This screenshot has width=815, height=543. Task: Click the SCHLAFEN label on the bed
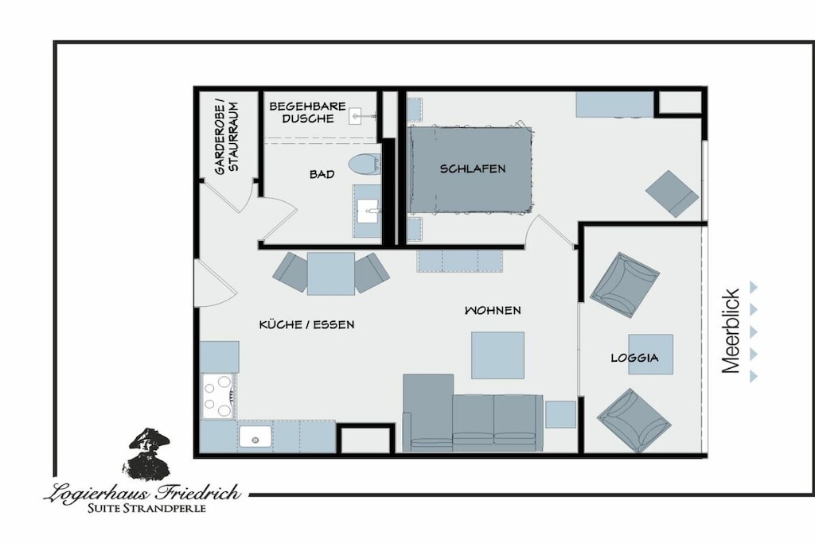click(473, 169)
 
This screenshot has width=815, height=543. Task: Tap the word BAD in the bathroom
click(322, 174)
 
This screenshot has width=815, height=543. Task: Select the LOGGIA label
click(634, 358)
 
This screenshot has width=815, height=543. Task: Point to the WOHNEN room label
click(492, 310)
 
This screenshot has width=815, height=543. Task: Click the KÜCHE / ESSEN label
click(306, 325)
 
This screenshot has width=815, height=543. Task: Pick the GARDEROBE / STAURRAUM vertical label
click(227, 138)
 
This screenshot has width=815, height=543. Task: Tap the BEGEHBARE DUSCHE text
click(308, 112)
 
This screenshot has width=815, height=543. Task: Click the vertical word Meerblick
click(731, 332)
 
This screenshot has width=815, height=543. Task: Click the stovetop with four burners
click(218, 397)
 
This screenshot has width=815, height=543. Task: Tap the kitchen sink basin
click(255, 436)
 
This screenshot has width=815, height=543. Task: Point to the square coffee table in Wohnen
click(497, 355)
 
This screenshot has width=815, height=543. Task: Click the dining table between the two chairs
click(331, 273)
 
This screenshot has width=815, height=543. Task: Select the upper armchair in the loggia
click(624, 285)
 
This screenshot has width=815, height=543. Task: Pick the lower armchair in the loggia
click(633, 421)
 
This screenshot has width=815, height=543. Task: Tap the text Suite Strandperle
click(146, 508)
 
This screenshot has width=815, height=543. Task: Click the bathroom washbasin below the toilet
click(368, 211)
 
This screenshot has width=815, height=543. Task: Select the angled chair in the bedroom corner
click(672, 194)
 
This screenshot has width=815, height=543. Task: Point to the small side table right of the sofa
click(560, 414)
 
